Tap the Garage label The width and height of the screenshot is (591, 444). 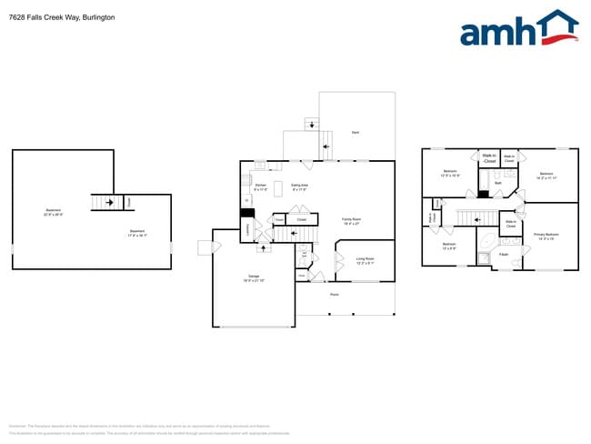(x=253, y=278)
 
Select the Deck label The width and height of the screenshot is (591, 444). (x=356, y=133)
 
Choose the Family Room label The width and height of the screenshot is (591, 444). (x=351, y=219)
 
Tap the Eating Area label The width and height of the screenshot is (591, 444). (x=299, y=187)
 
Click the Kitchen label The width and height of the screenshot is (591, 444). (x=260, y=187)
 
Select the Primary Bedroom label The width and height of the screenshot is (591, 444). (x=546, y=236)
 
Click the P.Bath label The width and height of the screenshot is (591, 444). (x=504, y=255)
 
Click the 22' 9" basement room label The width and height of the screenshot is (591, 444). (x=54, y=213)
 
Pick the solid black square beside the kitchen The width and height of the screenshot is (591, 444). (x=245, y=214)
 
